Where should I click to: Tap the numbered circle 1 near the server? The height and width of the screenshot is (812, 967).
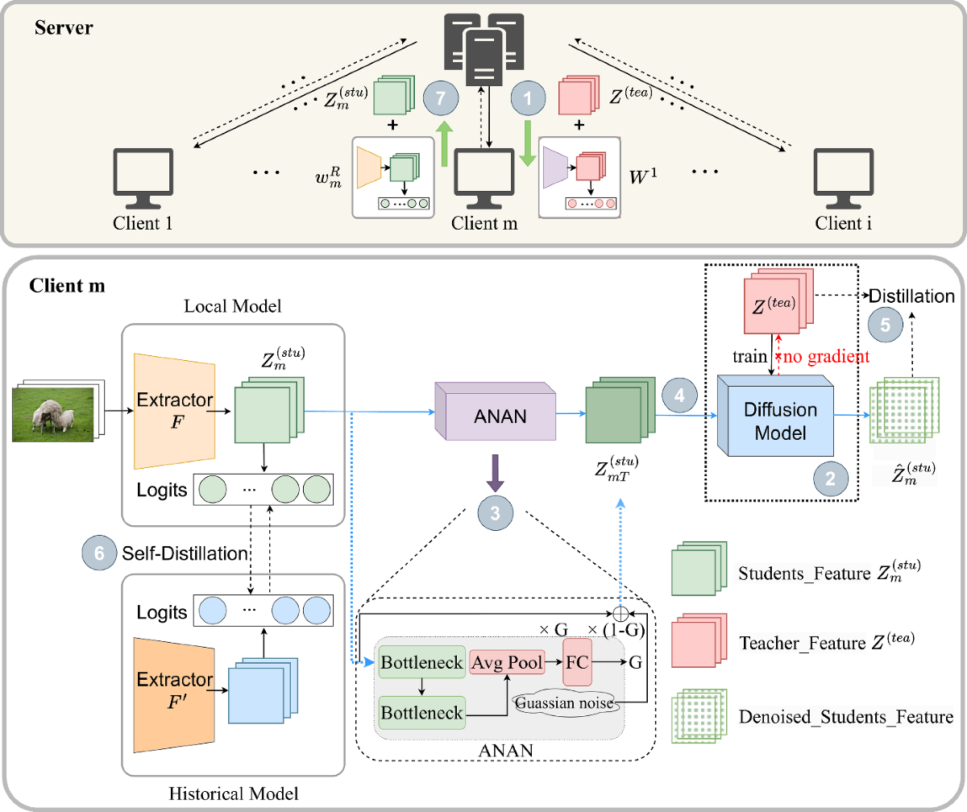pos(529,100)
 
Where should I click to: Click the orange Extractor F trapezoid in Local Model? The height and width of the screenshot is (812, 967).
pos(176,411)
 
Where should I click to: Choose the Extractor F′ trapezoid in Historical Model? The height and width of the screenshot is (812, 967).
pos(176,681)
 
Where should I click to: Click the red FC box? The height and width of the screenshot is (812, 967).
pos(577,661)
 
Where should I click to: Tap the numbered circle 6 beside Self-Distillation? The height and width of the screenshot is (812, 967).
pos(99,553)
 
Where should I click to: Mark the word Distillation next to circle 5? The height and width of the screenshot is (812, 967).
pos(912,296)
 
